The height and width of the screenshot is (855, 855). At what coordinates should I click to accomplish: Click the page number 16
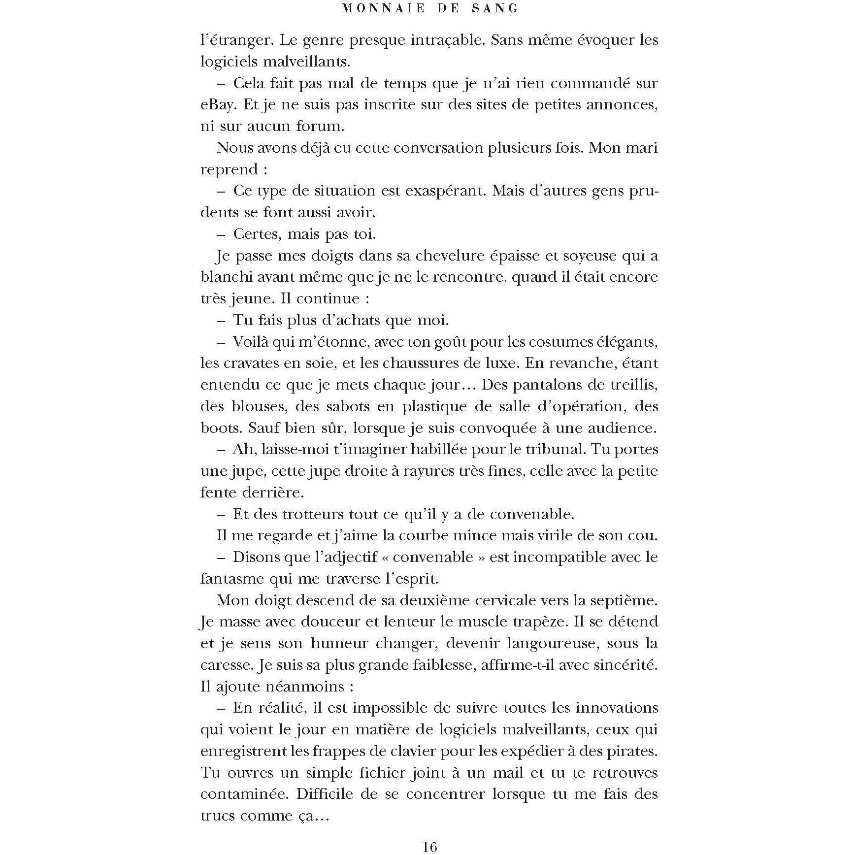tap(429, 846)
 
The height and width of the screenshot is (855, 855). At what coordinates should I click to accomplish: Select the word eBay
tap(216, 104)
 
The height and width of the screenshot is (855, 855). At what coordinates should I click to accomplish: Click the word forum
tap(320, 126)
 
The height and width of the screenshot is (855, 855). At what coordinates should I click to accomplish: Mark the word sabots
tap(349, 406)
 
